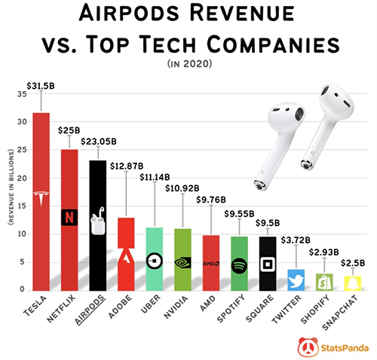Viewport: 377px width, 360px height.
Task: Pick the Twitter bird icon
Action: pos(296,280)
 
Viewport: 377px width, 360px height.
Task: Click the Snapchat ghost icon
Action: pos(351,283)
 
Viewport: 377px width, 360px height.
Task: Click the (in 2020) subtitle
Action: pos(188,66)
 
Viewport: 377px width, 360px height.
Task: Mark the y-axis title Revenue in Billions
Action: pos(11,191)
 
